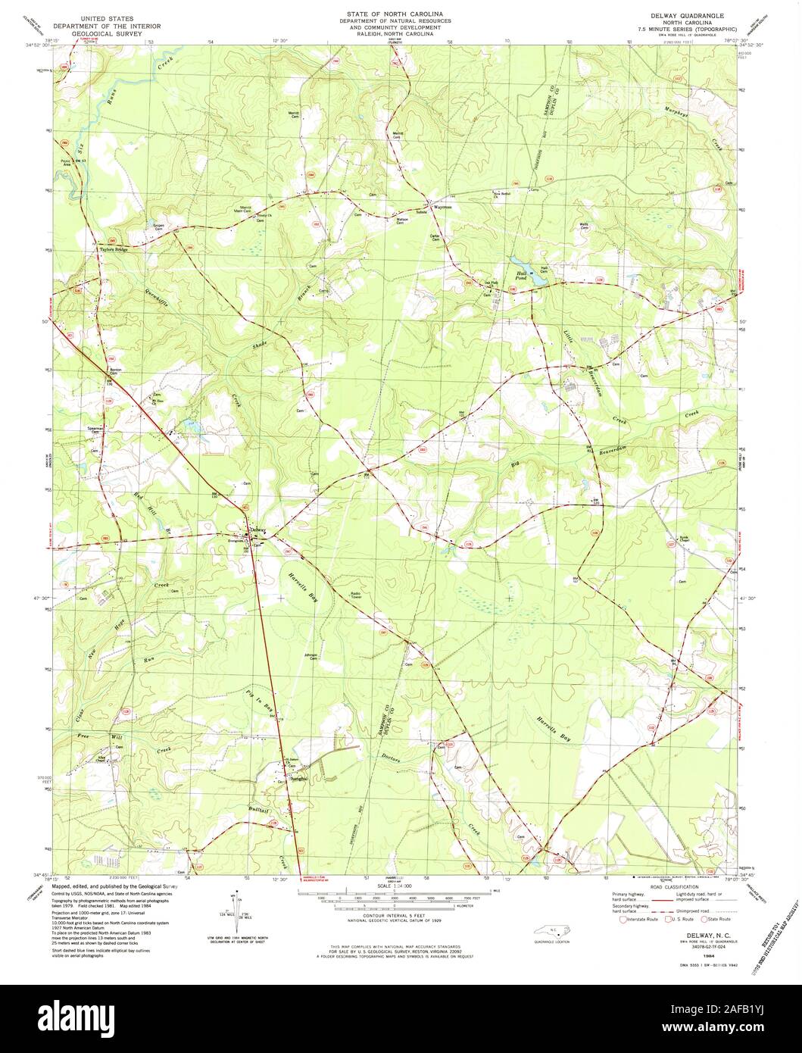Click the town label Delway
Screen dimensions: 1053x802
coord(259,530)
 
